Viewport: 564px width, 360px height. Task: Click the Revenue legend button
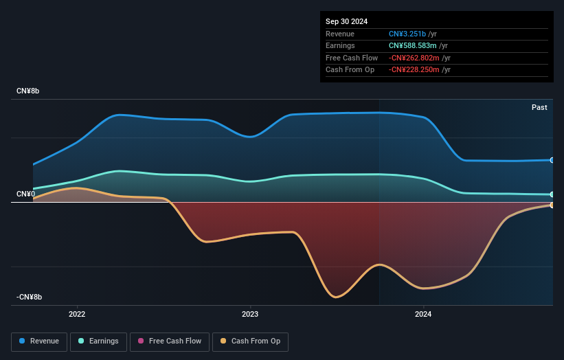pos(39,341)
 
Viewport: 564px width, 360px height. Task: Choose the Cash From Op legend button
pos(250,341)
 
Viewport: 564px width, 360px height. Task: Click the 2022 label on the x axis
pos(77,315)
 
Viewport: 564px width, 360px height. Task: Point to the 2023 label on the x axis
pos(250,315)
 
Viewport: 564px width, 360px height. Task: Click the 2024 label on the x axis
pos(423,315)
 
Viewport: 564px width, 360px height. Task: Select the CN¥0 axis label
pos(25,194)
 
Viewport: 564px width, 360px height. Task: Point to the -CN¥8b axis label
pos(29,297)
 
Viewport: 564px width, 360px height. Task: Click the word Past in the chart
pos(539,107)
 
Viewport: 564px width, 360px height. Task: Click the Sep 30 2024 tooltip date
pos(348,21)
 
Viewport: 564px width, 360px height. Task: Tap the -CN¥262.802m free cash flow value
pos(420,58)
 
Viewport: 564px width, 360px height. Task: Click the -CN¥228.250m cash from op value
pos(420,69)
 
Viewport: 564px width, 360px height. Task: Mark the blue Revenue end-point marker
pos(552,160)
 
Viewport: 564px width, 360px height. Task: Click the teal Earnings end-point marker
pos(552,194)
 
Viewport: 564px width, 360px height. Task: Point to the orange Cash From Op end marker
pos(552,205)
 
